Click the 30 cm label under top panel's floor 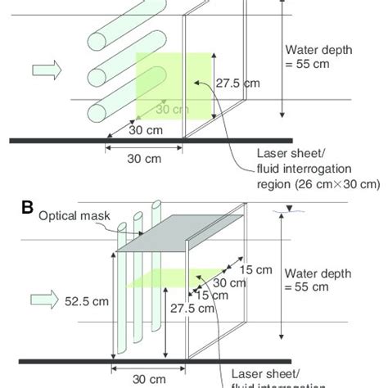(x=142, y=160)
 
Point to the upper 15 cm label (x=262, y=270)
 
